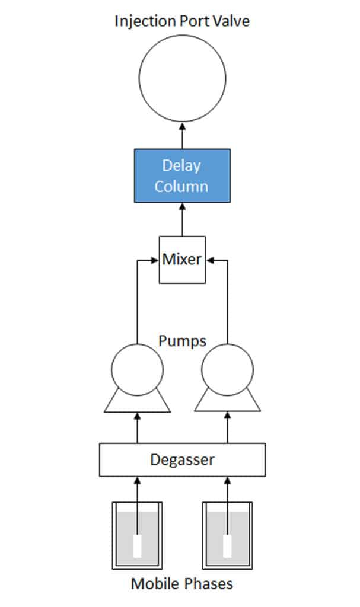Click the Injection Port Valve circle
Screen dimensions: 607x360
[x=182, y=78]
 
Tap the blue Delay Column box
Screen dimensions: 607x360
[x=182, y=176]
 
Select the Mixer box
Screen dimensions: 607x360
[x=182, y=260]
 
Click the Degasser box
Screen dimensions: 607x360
[x=182, y=459]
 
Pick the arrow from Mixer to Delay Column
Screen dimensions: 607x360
[x=182, y=219]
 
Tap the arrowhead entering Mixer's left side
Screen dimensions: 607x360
[x=155, y=260]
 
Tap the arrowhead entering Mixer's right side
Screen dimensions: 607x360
[x=209, y=260]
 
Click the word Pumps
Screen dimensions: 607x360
[x=182, y=341]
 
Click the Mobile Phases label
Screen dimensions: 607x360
[x=182, y=584]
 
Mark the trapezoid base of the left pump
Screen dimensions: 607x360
[x=137, y=404]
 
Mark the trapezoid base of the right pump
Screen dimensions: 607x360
[x=227, y=404]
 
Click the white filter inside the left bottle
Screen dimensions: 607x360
[x=137, y=546]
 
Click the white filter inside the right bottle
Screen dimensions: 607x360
[x=227, y=546]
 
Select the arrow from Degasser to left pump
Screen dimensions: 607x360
[x=137, y=427]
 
